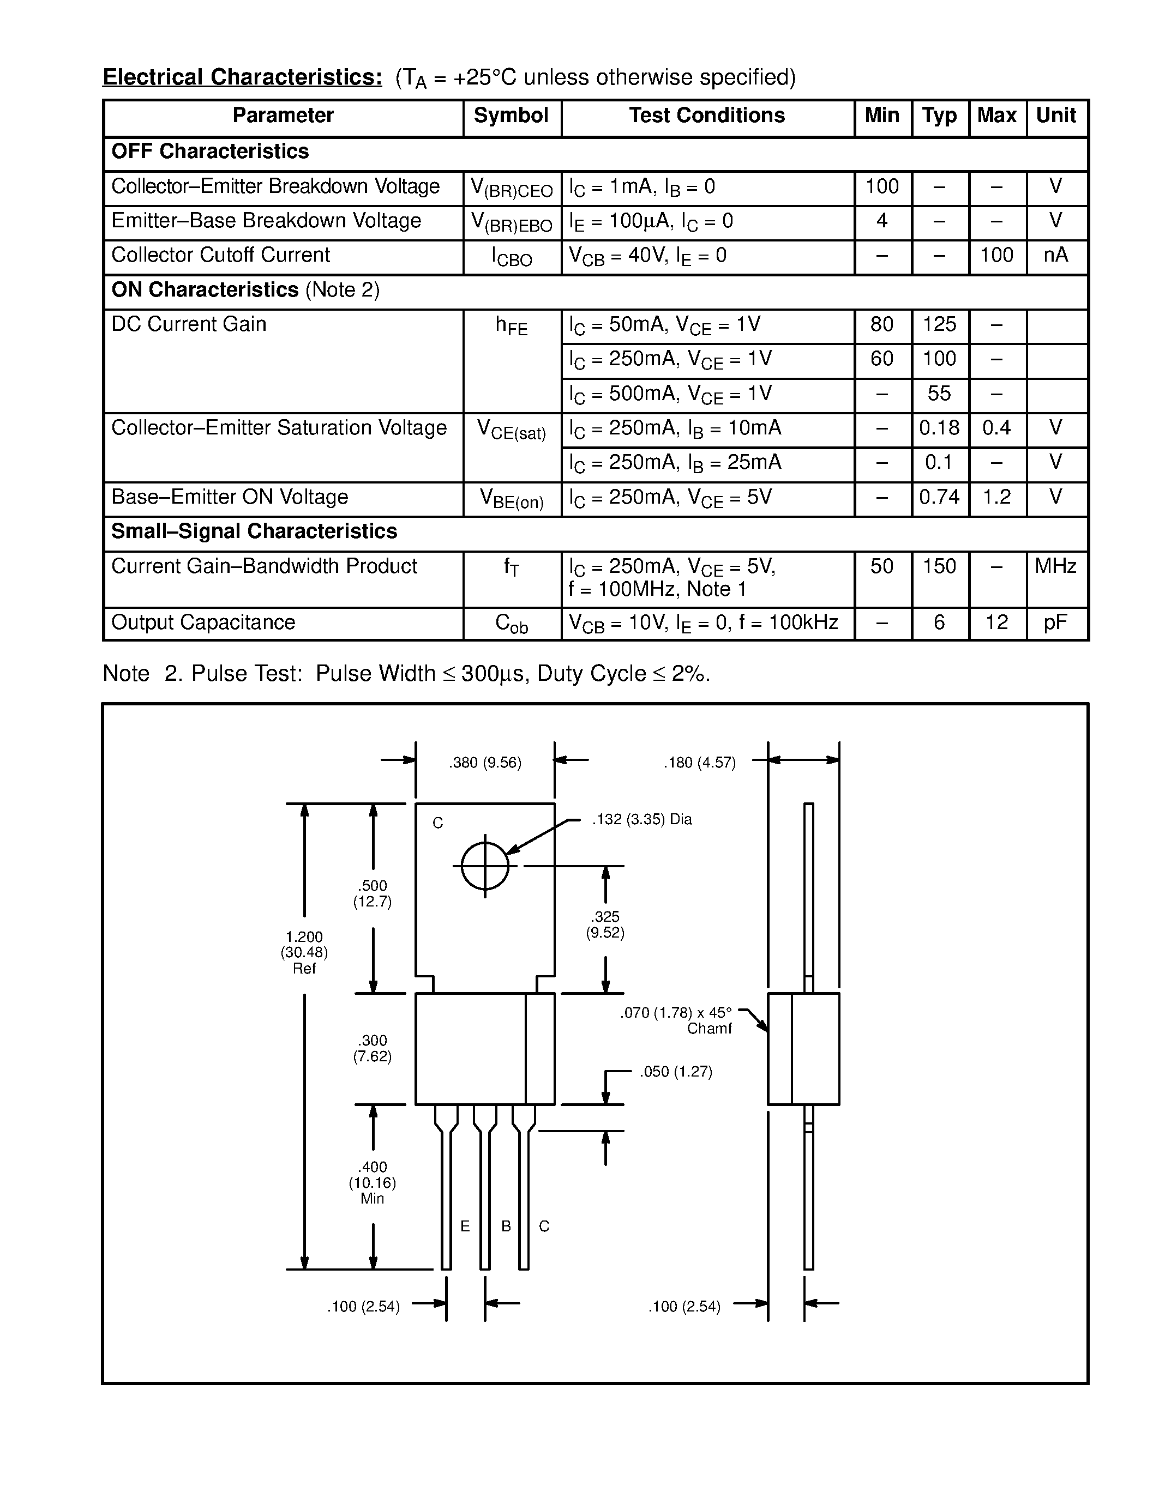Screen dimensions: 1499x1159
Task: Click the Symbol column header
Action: click(511, 116)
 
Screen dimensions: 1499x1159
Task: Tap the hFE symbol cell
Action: click(512, 325)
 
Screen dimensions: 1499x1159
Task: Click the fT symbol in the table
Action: click(512, 567)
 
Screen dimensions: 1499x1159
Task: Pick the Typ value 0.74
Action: click(939, 497)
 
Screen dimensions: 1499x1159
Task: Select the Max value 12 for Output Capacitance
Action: click(996, 622)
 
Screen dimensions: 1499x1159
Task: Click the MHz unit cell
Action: click(1055, 566)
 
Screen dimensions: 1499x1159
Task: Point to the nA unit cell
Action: click(1055, 255)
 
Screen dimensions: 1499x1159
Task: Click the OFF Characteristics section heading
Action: click(210, 152)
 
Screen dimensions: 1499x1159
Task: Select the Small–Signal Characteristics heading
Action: click(254, 531)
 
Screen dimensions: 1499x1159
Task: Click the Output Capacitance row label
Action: click(203, 622)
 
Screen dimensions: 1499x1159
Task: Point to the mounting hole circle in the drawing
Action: click(485, 866)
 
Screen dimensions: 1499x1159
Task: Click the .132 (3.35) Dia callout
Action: click(642, 819)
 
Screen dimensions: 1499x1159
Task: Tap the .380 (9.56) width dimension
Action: click(485, 763)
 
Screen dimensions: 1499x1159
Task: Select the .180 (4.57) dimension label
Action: click(699, 763)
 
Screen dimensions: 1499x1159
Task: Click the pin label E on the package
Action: click(465, 1226)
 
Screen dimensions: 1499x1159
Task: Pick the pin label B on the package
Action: click(506, 1226)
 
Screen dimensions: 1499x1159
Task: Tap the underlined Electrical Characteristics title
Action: click(242, 77)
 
